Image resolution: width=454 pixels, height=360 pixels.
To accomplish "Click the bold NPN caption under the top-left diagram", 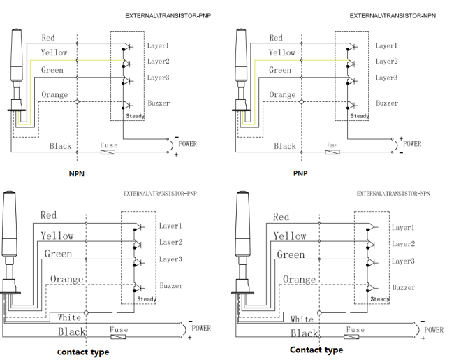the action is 76,173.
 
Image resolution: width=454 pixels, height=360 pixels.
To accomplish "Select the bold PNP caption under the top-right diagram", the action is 300,173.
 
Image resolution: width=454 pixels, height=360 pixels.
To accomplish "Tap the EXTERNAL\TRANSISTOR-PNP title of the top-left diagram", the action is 168,16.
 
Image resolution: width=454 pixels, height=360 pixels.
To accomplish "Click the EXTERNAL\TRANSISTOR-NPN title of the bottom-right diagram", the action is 393,194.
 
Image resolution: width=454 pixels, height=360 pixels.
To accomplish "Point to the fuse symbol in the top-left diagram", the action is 108,152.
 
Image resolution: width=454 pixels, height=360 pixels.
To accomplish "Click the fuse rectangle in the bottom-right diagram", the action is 351,336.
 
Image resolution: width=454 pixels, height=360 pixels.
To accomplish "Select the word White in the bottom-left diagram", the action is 69,317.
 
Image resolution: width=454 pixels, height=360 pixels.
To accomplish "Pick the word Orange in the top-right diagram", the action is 282,94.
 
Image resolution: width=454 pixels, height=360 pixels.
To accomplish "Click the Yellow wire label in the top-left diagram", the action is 54,52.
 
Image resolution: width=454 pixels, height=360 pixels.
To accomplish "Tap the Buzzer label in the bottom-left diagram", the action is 171,285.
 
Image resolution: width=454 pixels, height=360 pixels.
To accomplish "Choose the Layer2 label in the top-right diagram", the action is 386,61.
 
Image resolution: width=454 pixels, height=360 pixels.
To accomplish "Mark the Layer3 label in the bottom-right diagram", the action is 403,261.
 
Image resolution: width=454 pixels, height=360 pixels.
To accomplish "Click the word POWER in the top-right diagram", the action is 412,144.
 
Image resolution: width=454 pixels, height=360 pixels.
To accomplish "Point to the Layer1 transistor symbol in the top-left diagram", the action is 127,47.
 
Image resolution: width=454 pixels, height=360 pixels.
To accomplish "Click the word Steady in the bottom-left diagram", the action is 147,299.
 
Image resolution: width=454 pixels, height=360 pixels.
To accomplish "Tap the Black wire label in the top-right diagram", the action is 285,146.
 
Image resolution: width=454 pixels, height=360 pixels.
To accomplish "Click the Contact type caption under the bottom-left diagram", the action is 83,352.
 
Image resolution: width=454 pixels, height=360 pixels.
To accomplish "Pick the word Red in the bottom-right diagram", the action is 281,217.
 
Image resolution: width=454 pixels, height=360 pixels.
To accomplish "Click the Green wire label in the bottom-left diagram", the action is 58,254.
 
